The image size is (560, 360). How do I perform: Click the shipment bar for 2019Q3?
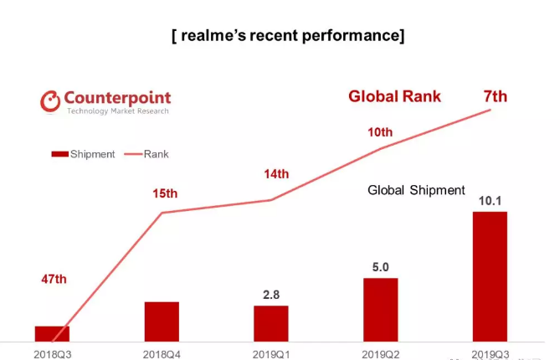point(490,276)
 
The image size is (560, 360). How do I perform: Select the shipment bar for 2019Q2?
point(380,309)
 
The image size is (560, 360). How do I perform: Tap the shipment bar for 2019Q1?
point(270,323)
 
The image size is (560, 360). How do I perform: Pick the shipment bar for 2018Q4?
point(162,321)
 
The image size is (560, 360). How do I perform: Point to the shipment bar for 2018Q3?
point(52,333)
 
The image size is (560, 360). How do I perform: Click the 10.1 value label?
point(491,201)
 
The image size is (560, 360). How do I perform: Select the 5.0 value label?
point(379,267)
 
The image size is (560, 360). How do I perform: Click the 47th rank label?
point(54,279)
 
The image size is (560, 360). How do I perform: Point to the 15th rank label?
point(165,193)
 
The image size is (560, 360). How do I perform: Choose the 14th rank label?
point(275,174)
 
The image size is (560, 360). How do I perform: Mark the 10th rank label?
point(379,131)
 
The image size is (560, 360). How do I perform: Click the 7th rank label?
point(496,96)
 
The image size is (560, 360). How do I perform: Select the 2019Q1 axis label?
point(270,354)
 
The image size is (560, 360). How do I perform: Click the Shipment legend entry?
point(84,154)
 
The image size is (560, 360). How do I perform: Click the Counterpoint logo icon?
point(50,101)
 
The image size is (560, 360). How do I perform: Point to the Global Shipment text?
point(416,190)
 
